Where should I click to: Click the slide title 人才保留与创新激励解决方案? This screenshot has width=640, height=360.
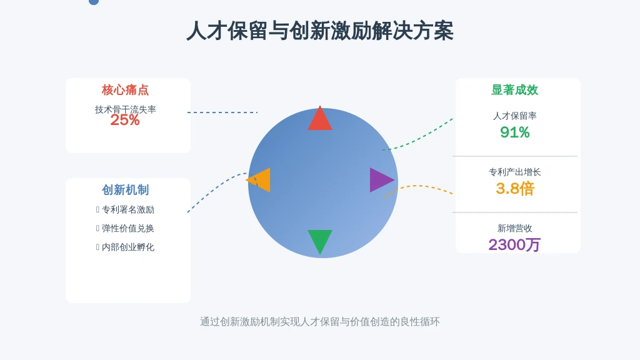click(x=319, y=31)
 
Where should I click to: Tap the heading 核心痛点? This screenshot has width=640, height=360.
click(x=125, y=90)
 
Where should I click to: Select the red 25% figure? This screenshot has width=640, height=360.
click(x=125, y=120)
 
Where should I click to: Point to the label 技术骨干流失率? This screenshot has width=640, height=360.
click(x=125, y=109)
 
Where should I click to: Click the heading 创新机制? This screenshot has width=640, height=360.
click(x=125, y=190)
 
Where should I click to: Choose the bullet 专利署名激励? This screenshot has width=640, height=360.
click(x=127, y=210)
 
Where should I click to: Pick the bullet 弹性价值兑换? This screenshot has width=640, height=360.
click(x=127, y=229)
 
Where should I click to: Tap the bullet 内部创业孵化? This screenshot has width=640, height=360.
click(x=127, y=247)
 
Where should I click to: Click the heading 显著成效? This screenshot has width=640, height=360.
click(x=515, y=90)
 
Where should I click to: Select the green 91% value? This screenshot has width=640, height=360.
click(x=515, y=132)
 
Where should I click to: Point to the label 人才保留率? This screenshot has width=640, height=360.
click(x=515, y=116)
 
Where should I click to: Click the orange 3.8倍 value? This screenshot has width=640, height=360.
click(x=515, y=189)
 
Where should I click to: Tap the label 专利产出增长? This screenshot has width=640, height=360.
click(x=515, y=172)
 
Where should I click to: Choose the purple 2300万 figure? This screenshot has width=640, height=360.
click(x=514, y=245)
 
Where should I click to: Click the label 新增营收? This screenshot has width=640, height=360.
click(x=515, y=229)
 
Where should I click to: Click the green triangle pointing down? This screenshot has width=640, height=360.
click(x=320, y=239)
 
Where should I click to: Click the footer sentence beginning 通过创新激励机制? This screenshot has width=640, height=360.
click(x=319, y=322)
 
